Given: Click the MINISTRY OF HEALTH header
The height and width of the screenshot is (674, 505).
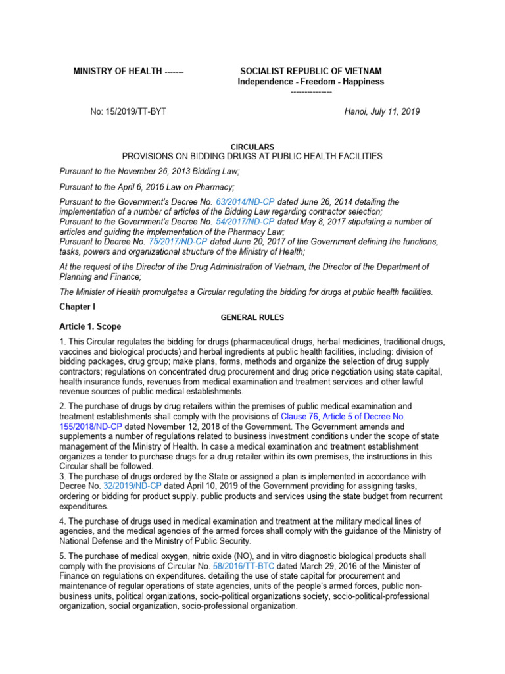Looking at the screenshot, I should click(117, 71).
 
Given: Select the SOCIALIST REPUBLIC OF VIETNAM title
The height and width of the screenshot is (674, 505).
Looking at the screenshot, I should click(310, 71).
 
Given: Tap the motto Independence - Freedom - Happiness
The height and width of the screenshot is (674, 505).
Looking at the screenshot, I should click(310, 82).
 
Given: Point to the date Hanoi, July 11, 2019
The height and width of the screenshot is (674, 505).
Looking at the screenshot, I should click(382, 111).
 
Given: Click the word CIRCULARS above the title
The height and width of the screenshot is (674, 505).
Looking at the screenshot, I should click(252, 146).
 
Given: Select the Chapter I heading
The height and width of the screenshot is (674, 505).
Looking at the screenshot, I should click(78, 307).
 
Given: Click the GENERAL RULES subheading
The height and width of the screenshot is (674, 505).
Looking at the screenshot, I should click(252, 317).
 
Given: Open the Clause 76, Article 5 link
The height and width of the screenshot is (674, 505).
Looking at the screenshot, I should click(342, 417).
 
